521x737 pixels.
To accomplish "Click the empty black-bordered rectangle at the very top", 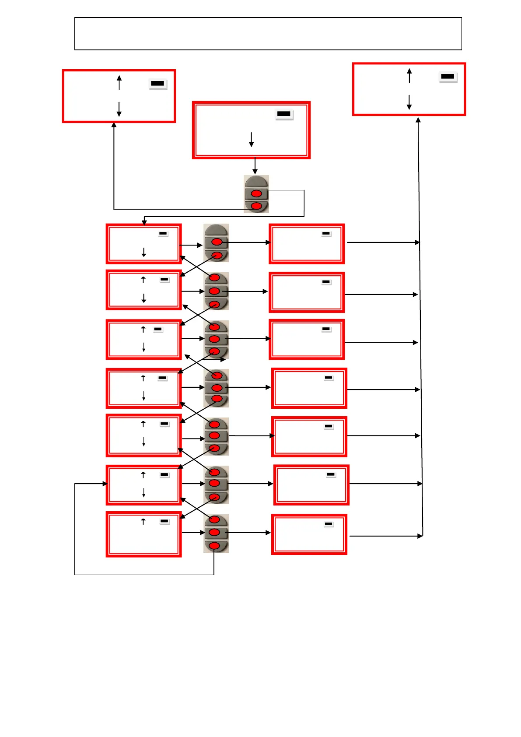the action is (x=268, y=34).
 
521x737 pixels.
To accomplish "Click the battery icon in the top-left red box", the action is (x=157, y=83).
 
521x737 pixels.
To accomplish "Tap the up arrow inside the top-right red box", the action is (x=409, y=75).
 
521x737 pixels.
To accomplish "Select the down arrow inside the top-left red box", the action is (x=119, y=109).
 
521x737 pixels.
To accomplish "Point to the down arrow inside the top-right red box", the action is (x=409, y=102).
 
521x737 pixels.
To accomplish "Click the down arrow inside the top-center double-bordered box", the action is (x=252, y=140).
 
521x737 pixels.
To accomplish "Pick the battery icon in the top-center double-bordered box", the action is (x=284, y=114).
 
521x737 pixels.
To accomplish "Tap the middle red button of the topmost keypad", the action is (x=256, y=193).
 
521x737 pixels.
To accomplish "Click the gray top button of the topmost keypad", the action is (x=256, y=182).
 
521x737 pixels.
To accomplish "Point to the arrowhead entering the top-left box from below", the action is (x=114, y=125).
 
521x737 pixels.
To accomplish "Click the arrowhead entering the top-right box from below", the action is (x=418, y=119).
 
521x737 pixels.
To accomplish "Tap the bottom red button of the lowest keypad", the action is (x=214, y=545).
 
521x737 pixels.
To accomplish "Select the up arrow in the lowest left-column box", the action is (x=143, y=521).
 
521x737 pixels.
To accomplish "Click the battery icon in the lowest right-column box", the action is (x=329, y=524).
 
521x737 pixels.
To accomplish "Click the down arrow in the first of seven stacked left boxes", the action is (x=143, y=253).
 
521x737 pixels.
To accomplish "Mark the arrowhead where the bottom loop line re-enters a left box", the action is (x=105, y=484).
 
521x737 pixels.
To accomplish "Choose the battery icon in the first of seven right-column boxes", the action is (x=326, y=234).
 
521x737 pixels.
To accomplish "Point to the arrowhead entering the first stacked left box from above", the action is (x=144, y=223).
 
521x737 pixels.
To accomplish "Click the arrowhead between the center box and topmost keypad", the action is (x=255, y=172).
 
